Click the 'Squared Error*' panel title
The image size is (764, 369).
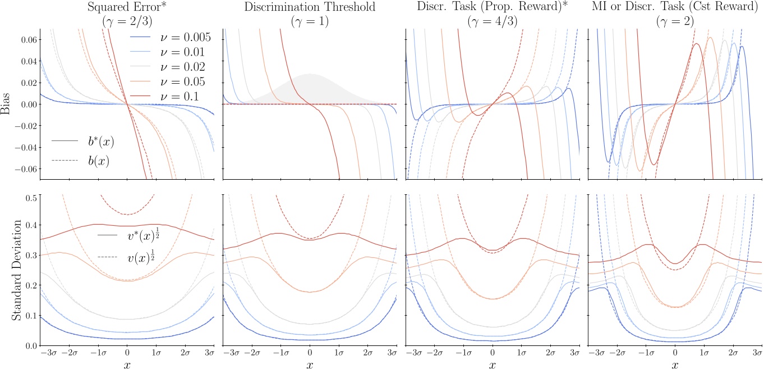click(x=127, y=8)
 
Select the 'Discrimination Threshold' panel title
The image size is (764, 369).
click(x=310, y=8)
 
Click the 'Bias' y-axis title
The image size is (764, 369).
click(x=6, y=104)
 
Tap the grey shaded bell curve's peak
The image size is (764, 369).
click(x=310, y=74)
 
